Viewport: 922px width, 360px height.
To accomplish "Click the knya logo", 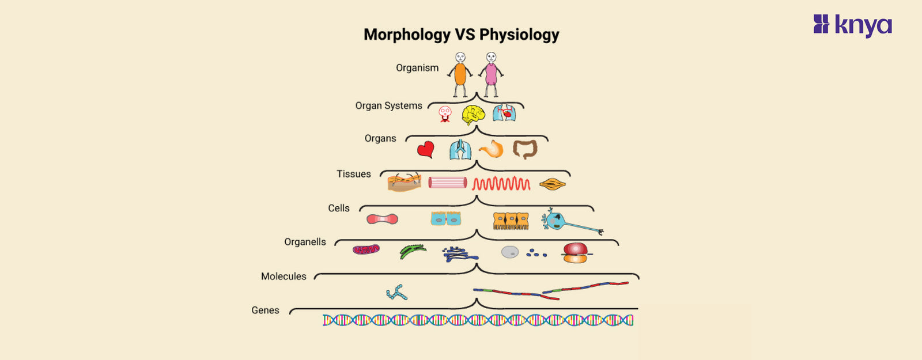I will click(x=852, y=25).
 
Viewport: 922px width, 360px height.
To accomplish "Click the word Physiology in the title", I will click(x=519, y=35).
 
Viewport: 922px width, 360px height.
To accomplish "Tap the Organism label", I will click(x=417, y=68).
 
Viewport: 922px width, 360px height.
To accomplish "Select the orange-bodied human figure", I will click(x=460, y=74).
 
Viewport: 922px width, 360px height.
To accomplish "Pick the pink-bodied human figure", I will click(x=491, y=74).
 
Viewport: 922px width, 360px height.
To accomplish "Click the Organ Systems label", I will click(x=388, y=106).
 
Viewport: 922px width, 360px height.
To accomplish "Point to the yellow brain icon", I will click(x=473, y=115).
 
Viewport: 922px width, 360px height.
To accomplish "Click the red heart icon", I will click(x=425, y=150).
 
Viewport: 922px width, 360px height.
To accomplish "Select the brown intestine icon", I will click(x=525, y=149).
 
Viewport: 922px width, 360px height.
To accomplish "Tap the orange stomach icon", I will click(x=492, y=150).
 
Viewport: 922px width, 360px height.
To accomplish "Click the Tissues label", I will click(x=353, y=174).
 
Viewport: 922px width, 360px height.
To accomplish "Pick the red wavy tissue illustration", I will click(x=501, y=184).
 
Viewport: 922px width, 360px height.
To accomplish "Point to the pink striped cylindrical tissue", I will click(x=448, y=183).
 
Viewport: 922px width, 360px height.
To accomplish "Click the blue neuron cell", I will click(x=568, y=222).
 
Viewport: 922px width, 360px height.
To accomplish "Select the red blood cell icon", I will click(x=382, y=219).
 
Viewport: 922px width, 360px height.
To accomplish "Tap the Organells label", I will click(x=305, y=242).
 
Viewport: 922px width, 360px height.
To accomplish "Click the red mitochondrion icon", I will click(x=366, y=249).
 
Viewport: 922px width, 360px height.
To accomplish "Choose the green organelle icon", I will click(x=413, y=251).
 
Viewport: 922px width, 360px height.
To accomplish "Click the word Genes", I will click(x=265, y=310).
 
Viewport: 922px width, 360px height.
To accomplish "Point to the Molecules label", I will click(x=284, y=276).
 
